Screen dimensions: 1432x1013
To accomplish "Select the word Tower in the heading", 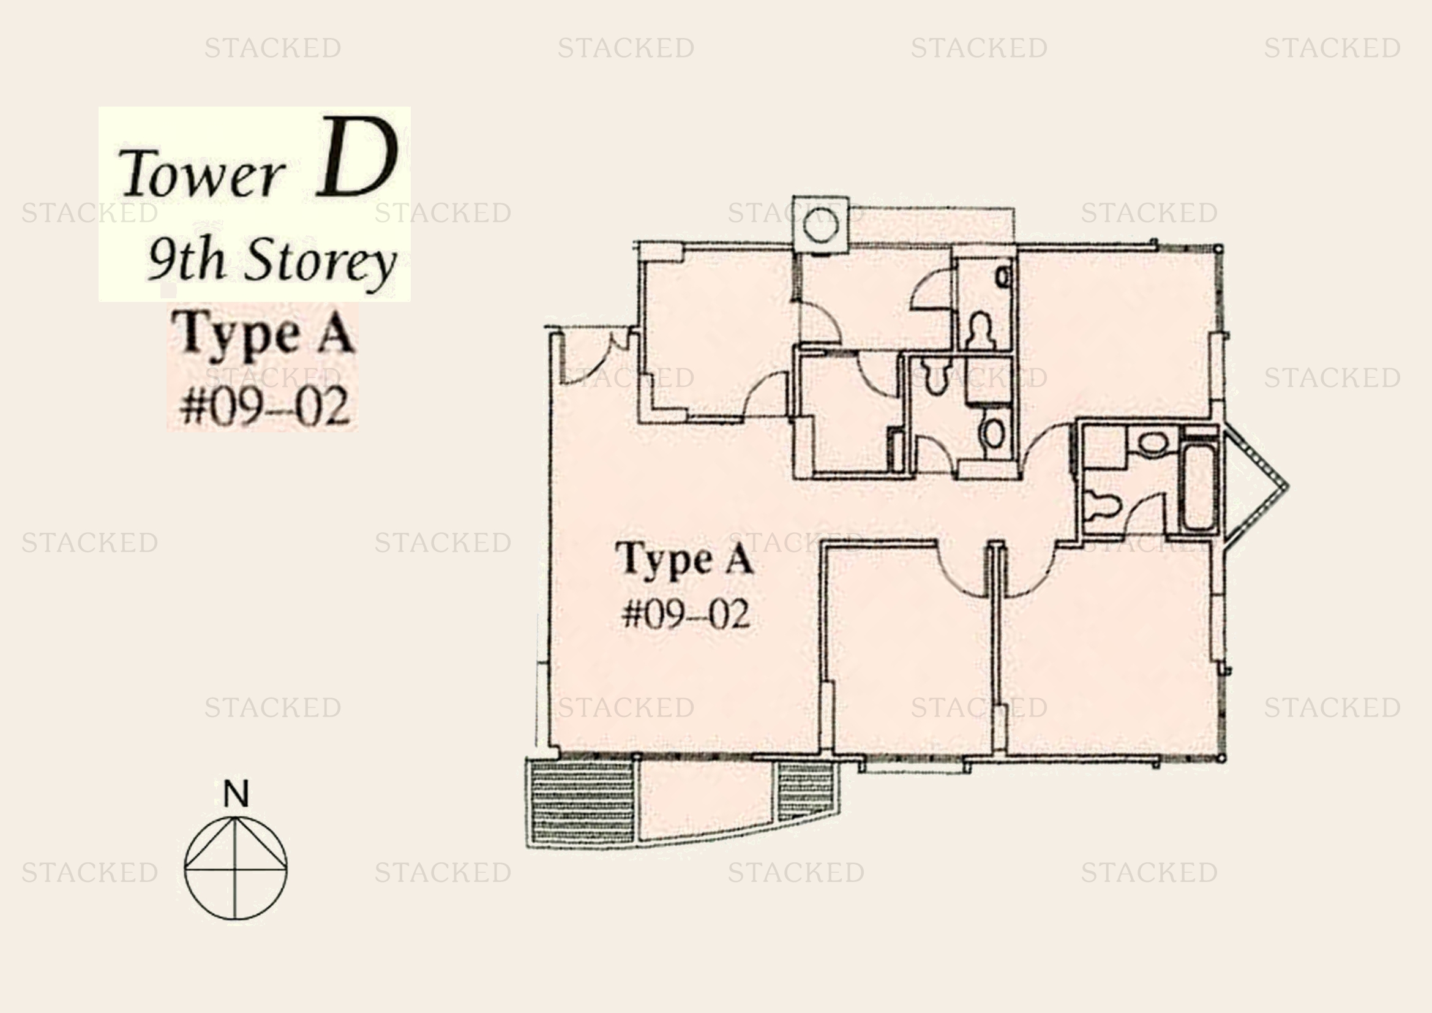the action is point(201,173).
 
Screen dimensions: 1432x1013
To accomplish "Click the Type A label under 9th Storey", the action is point(264,334).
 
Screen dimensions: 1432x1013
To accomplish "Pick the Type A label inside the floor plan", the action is point(685,560).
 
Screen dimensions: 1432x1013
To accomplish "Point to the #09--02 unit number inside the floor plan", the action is point(686,614).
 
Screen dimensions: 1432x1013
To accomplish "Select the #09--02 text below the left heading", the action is point(264,407).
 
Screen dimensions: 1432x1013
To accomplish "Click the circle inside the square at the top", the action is point(820,225).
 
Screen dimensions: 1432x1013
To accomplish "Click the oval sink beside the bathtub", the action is point(1153,443).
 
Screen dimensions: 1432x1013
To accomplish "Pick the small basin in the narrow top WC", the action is point(1003,276).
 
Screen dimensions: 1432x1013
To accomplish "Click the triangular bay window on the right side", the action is point(1254,486).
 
